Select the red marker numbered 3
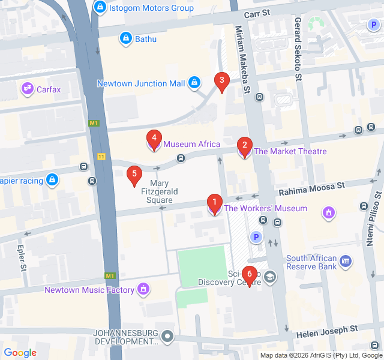(x=222, y=82)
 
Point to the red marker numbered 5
(x=134, y=175)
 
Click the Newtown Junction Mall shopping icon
(x=194, y=83)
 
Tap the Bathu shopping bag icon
(x=125, y=39)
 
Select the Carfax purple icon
(x=27, y=89)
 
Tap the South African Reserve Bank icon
(x=345, y=262)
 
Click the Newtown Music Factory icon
(x=143, y=290)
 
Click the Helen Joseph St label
(x=328, y=329)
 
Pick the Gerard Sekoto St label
(x=298, y=49)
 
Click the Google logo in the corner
(x=20, y=353)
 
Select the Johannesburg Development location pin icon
(x=168, y=337)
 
